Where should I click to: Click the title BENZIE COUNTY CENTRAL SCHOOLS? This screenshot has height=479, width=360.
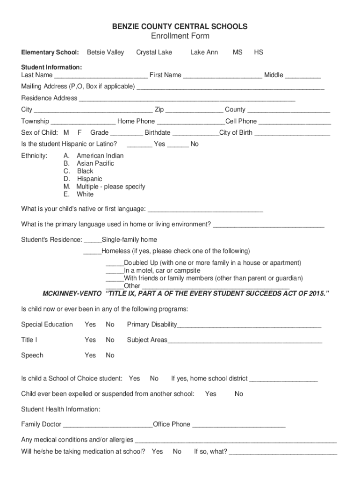[x=180, y=27]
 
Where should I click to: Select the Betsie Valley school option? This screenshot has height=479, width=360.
[x=105, y=52]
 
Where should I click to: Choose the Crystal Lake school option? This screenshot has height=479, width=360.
[x=154, y=52]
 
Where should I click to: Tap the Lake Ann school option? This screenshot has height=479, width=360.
[x=204, y=52]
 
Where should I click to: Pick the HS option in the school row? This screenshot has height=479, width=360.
[x=259, y=52]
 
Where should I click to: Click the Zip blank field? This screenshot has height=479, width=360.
[x=194, y=110]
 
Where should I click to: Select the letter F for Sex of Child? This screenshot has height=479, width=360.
[x=79, y=133]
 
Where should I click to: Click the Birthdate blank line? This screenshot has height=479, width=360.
[x=194, y=133]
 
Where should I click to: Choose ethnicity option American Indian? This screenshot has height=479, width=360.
[x=100, y=156]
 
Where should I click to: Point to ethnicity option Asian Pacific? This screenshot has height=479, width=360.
[x=95, y=164]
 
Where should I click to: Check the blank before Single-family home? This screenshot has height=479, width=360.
[x=93, y=240]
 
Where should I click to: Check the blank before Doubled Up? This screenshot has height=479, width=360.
[x=115, y=263]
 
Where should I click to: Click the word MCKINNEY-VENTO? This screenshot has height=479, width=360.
[x=72, y=294]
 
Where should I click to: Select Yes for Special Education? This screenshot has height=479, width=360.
[x=90, y=325]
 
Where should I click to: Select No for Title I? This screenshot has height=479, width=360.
[x=110, y=340]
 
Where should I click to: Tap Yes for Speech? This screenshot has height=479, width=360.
[x=90, y=356]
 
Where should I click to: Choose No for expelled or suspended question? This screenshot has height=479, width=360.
[x=239, y=394]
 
